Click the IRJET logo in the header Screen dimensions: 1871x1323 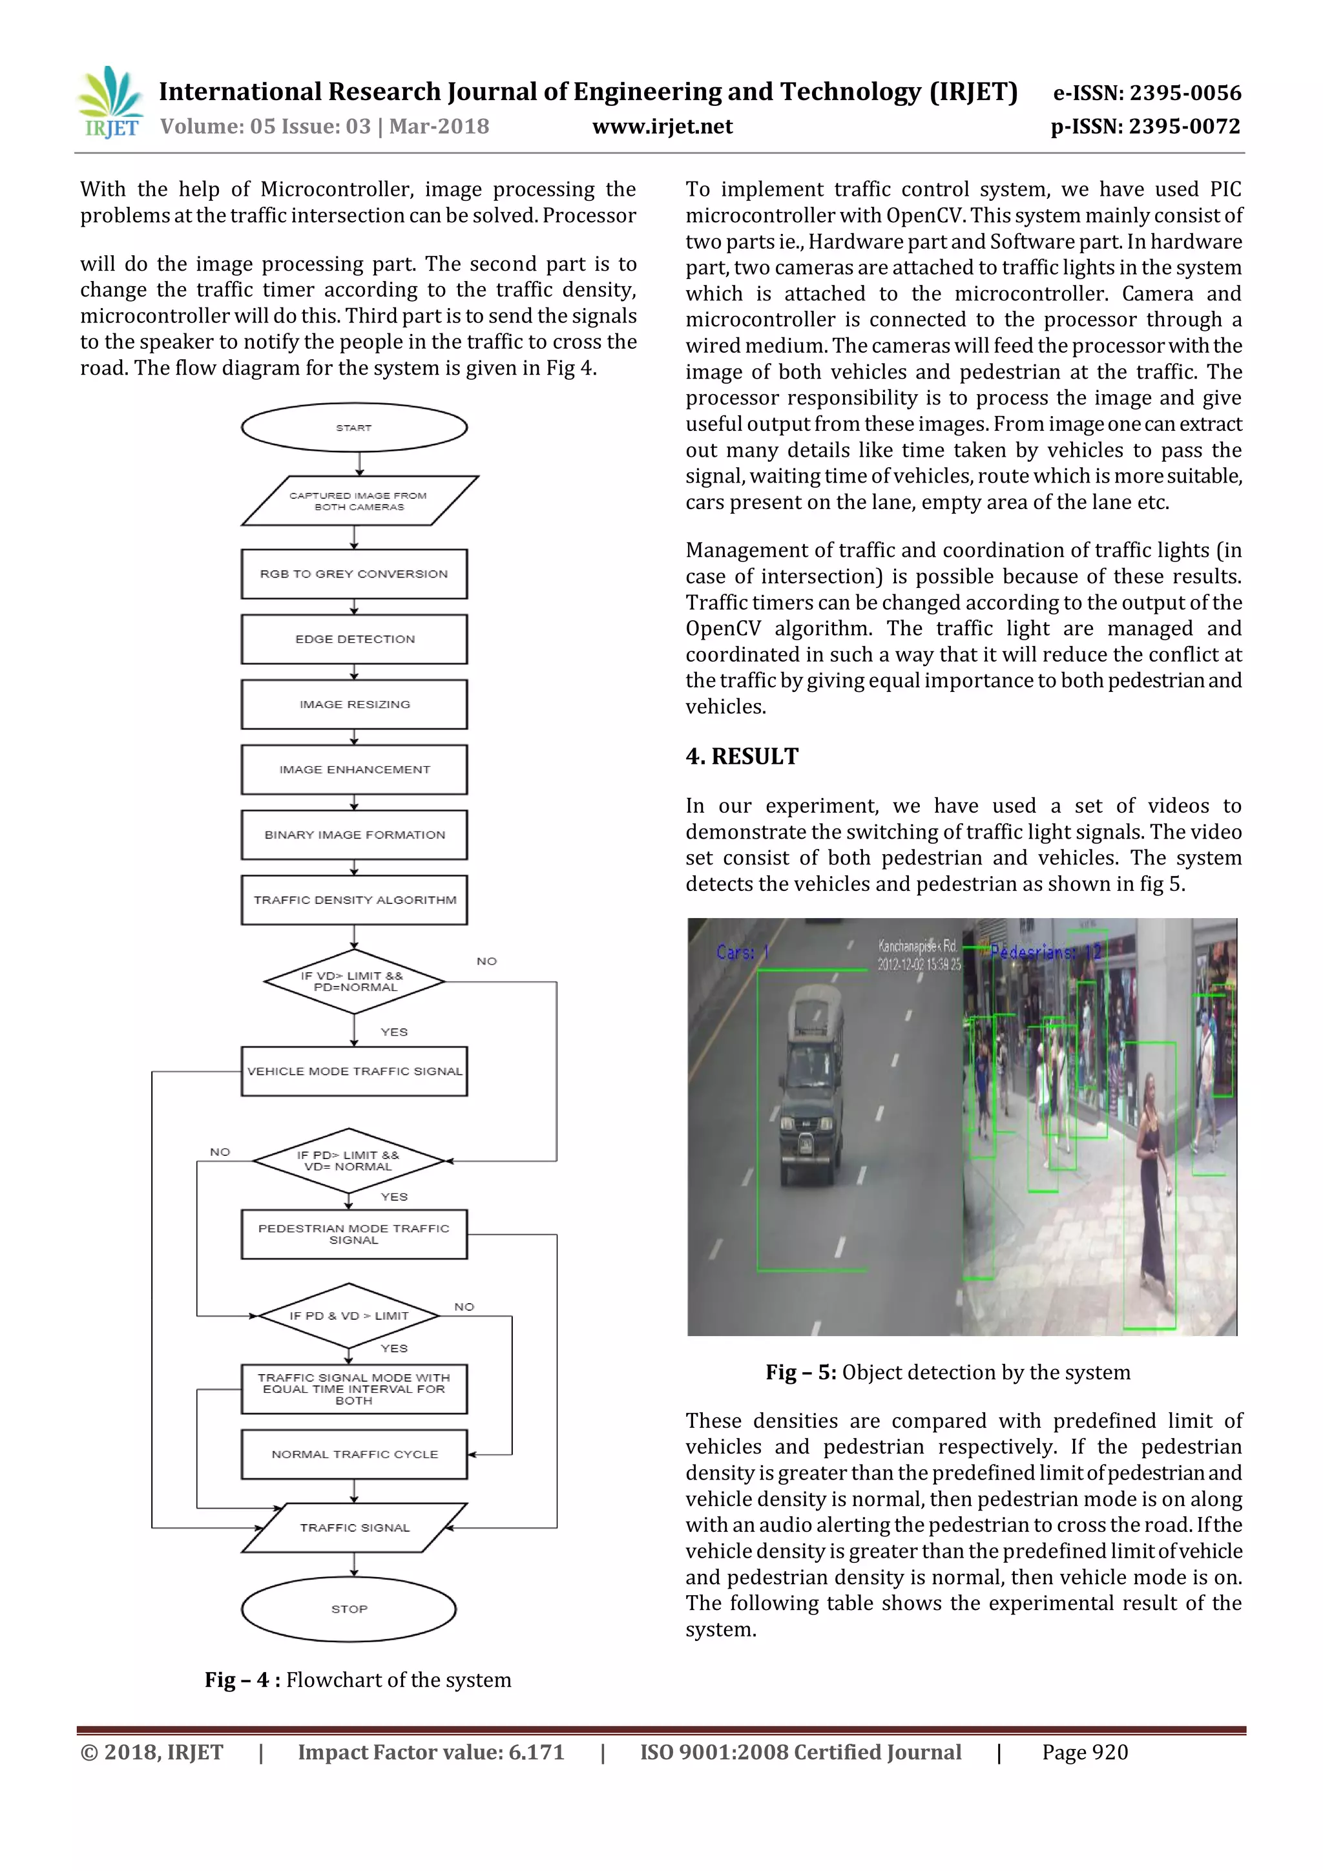coord(110,103)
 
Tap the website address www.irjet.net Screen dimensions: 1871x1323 coord(661,127)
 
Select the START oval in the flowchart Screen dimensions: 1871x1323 coord(353,427)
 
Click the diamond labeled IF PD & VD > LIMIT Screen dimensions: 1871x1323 coord(349,1315)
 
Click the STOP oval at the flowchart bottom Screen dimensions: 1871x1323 coord(349,1609)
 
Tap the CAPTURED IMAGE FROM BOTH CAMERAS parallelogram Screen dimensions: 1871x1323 coord(359,500)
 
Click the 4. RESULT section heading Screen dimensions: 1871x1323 coord(742,757)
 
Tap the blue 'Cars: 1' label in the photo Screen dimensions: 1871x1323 coord(742,952)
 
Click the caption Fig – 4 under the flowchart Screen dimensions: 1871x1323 coord(242,1680)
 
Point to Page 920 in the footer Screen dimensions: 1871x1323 coord(1085,1752)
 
